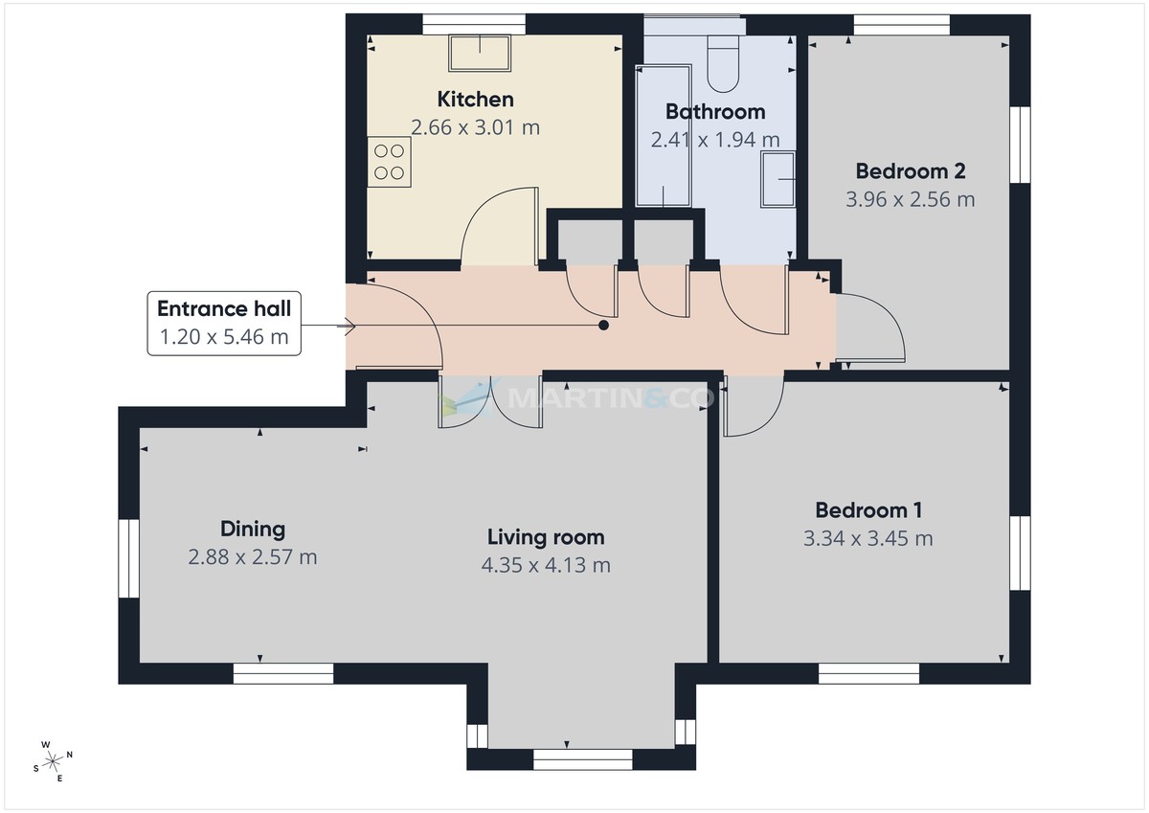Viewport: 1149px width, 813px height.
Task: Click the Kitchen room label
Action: click(x=475, y=99)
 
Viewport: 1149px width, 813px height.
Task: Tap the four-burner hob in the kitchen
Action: click(x=390, y=162)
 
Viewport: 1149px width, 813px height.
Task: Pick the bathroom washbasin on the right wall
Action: click(x=777, y=179)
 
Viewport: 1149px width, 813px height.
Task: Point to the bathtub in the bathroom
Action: click(x=663, y=136)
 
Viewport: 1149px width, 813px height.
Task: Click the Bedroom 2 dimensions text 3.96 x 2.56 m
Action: click(x=910, y=199)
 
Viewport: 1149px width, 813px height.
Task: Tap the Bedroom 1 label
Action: click(x=868, y=510)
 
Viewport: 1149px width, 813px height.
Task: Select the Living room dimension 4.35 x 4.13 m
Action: click(x=546, y=565)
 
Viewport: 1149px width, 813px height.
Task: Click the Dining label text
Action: click(x=253, y=529)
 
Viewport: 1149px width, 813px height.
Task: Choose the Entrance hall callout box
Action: click(x=224, y=323)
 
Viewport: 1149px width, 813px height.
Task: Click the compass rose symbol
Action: click(x=54, y=761)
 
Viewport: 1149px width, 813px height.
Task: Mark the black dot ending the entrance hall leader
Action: click(x=603, y=326)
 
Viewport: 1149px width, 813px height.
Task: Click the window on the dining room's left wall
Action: click(x=128, y=558)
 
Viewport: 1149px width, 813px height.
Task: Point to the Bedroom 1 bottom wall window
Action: click(x=868, y=673)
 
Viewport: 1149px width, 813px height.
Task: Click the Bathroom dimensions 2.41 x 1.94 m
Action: click(x=714, y=140)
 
